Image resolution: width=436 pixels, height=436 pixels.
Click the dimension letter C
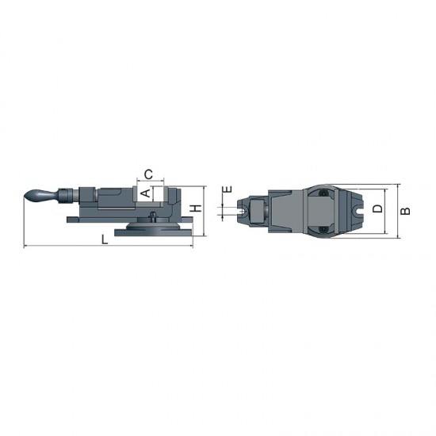coord(149,174)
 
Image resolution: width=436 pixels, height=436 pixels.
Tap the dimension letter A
coord(146,193)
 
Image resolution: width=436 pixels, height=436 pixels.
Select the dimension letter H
coord(197,208)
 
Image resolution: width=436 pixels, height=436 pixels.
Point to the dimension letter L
coord(105,239)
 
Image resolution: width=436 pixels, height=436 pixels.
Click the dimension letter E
coord(228,189)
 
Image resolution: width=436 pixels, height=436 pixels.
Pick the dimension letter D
coord(377,208)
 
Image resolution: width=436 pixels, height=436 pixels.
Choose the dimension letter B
coord(405,211)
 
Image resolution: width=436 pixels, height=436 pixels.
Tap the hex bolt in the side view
coord(152,216)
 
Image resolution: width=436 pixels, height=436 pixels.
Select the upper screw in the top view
coord(323,193)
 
